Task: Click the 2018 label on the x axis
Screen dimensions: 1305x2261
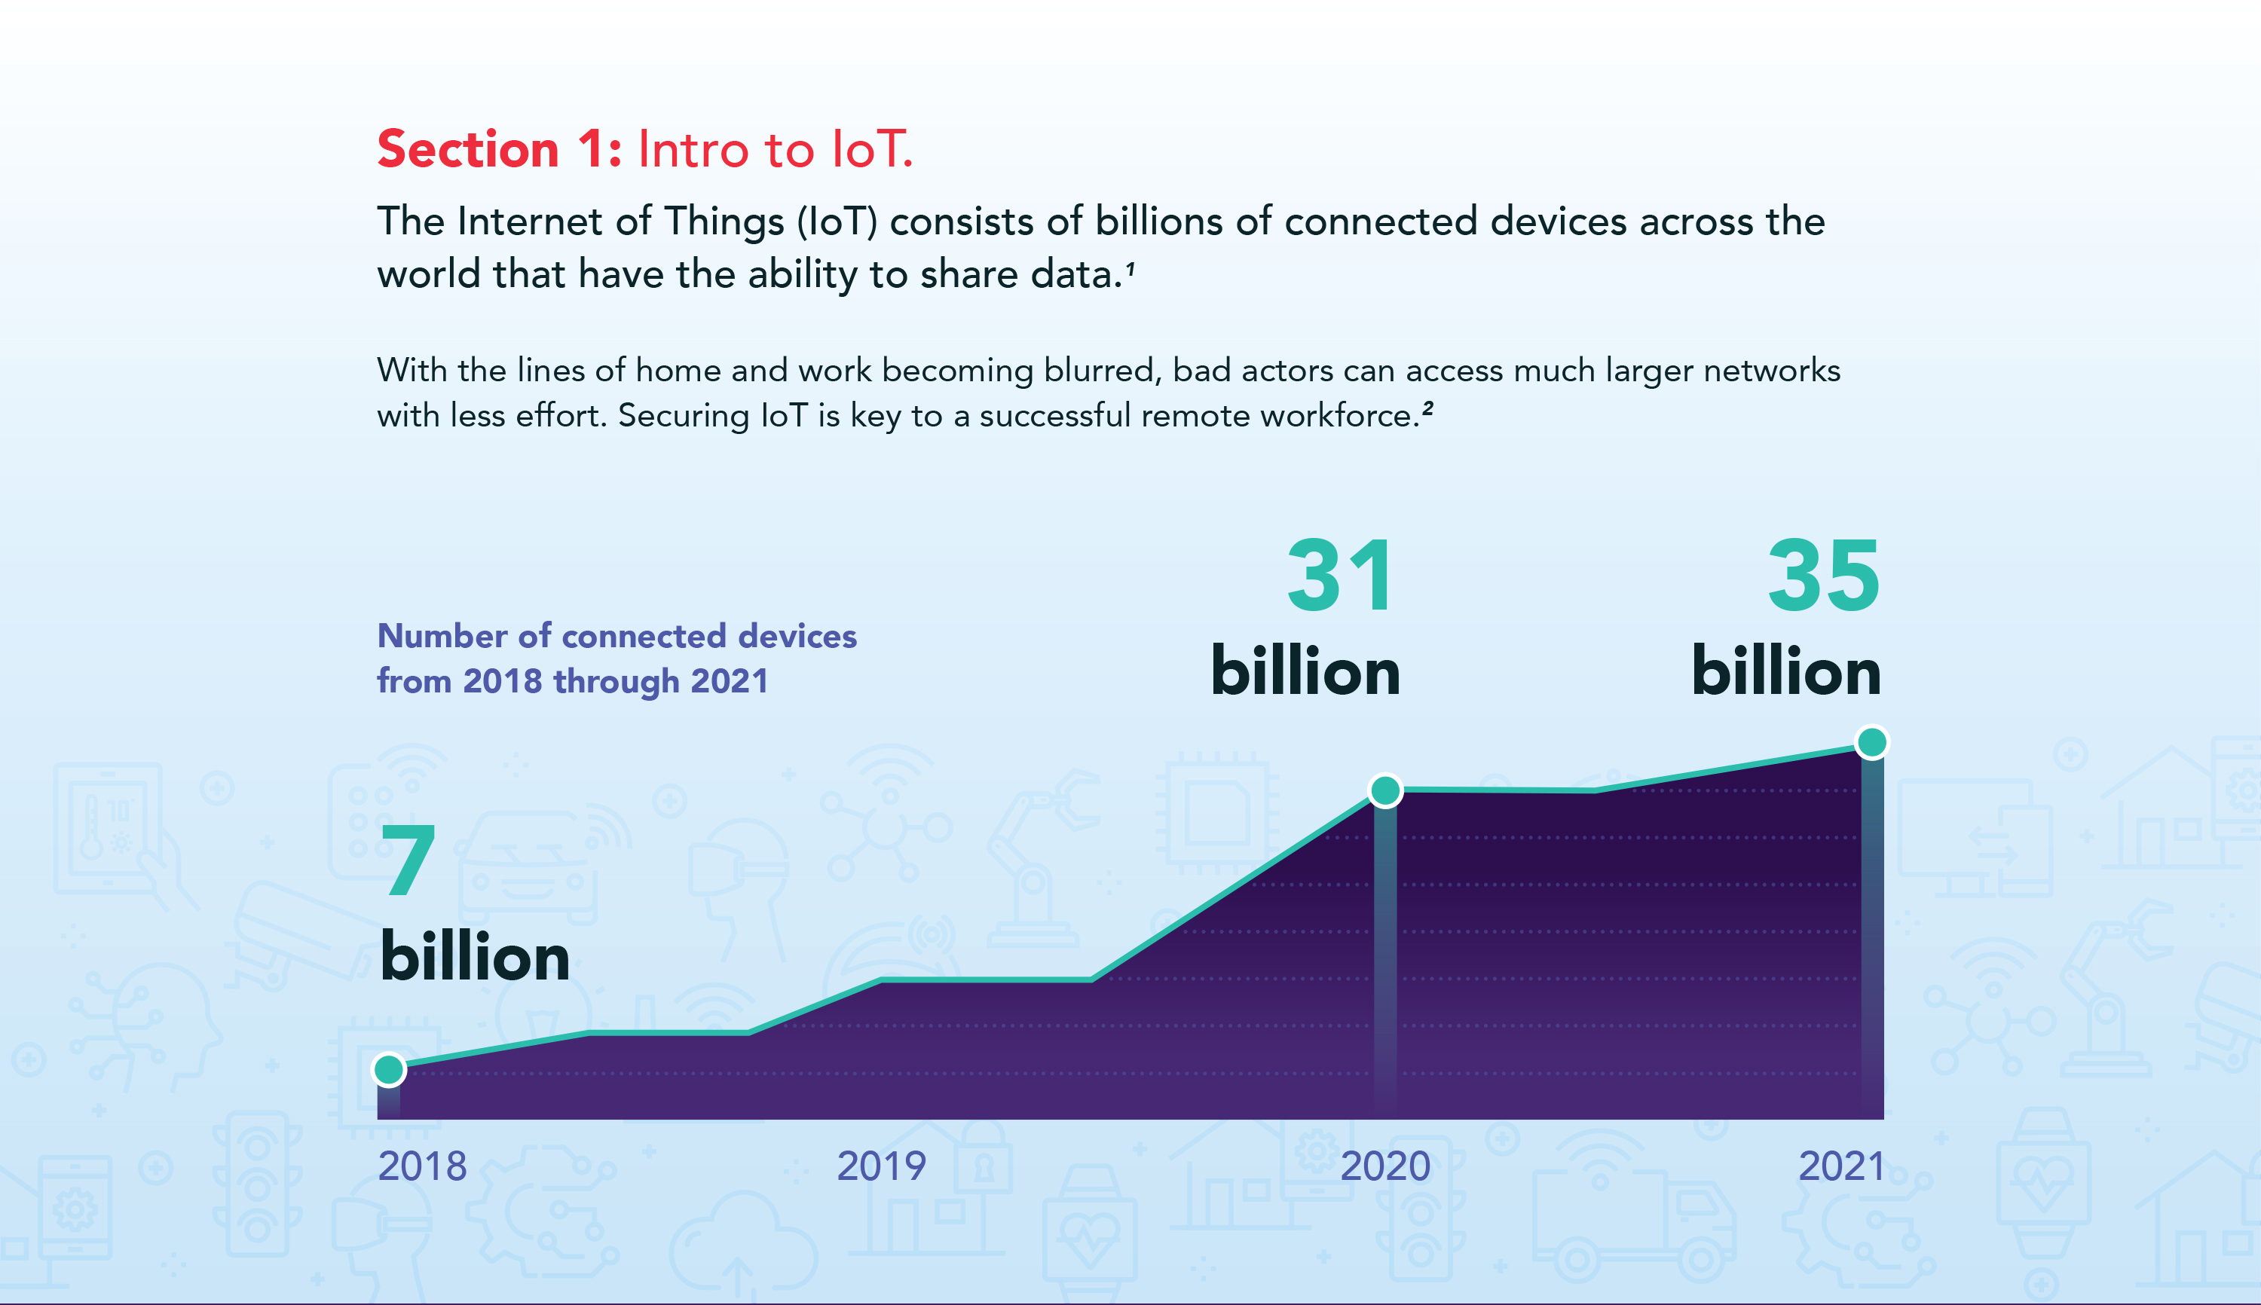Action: [x=422, y=1166]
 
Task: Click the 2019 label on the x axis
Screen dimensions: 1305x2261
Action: [x=881, y=1166]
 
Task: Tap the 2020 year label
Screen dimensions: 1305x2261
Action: [x=1385, y=1166]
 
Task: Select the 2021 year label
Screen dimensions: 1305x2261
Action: [x=1842, y=1166]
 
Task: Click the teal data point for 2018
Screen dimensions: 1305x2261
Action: [x=389, y=1069]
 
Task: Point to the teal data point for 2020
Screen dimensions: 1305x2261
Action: [x=1385, y=790]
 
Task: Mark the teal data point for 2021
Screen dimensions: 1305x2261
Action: [x=1872, y=742]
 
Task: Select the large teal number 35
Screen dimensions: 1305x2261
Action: [x=1824, y=576]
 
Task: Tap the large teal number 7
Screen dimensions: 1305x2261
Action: [x=408, y=860]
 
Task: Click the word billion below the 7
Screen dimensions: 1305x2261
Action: [x=474, y=956]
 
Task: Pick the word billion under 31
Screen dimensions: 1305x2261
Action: [x=1305, y=671]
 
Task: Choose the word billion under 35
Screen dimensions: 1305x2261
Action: [x=1786, y=671]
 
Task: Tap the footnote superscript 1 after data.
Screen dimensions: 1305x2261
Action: [x=1130, y=268]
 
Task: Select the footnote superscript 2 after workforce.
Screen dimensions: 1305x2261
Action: [x=1427, y=408]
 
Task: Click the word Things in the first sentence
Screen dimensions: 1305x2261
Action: [x=724, y=222]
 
